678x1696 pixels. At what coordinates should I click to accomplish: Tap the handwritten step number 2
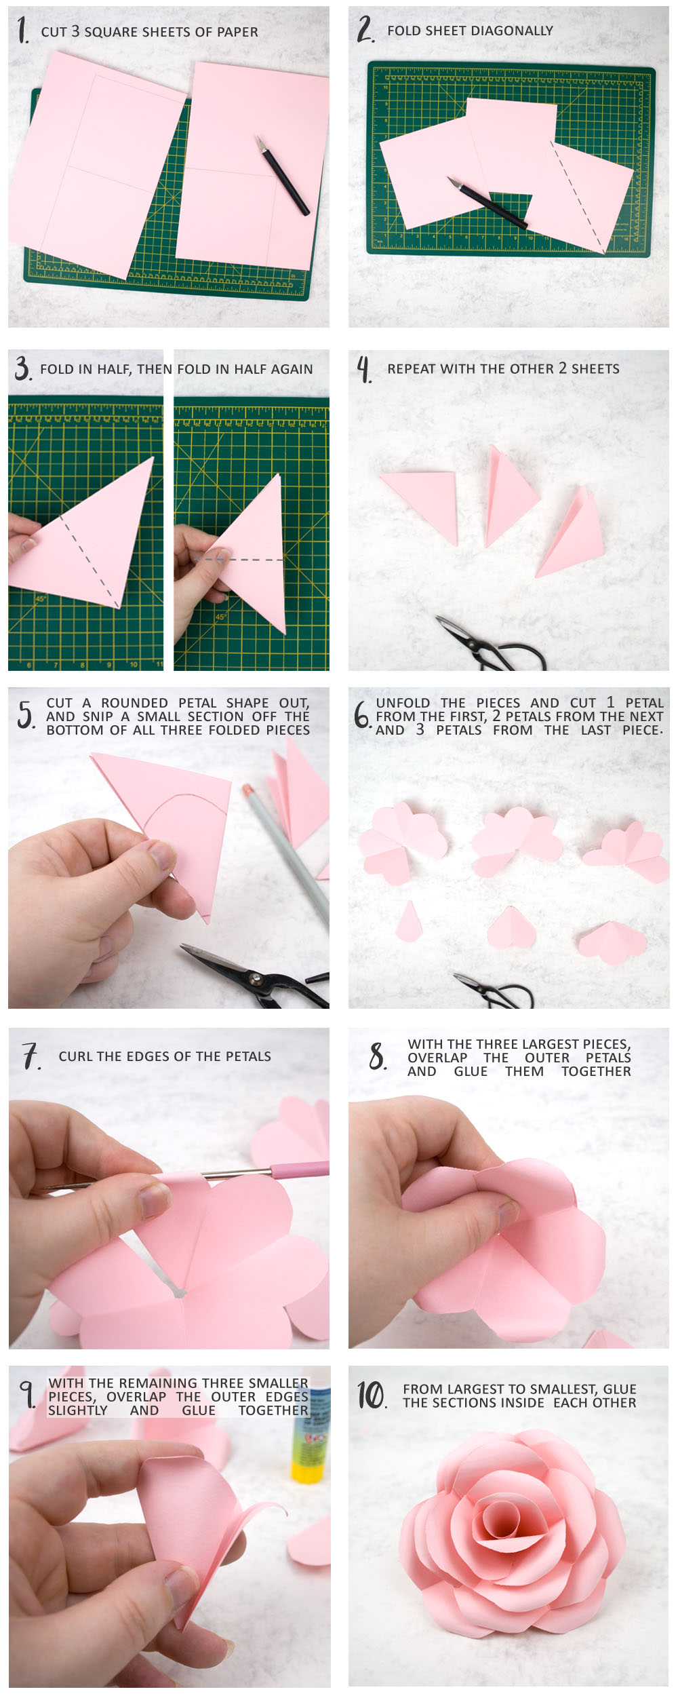click(365, 30)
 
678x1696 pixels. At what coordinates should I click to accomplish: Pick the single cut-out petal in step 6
click(408, 921)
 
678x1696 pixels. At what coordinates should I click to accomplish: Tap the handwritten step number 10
click(372, 1395)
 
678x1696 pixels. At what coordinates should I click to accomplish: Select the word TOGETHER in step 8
click(595, 1071)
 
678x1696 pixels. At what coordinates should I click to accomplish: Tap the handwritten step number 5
click(26, 715)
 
